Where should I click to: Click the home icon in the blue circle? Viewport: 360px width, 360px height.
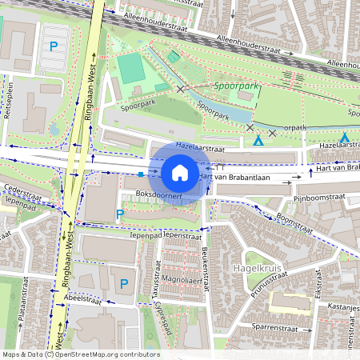click(x=180, y=173)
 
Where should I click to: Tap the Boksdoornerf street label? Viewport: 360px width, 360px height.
click(x=156, y=194)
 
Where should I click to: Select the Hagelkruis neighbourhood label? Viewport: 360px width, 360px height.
click(x=254, y=266)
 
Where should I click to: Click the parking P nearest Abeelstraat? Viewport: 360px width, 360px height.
click(x=123, y=283)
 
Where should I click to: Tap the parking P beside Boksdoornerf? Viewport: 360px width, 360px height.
click(x=120, y=214)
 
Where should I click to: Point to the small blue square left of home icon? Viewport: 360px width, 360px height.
click(x=141, y=174)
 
